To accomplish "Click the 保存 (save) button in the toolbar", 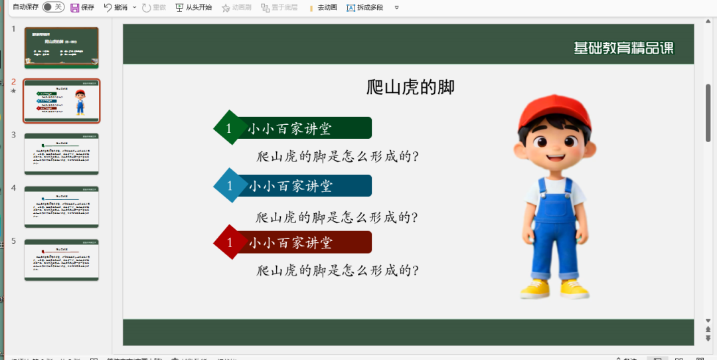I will (82, 7).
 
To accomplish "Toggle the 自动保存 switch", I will (53, 7).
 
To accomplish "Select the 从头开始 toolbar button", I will (194, 7).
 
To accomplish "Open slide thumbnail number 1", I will (61, 47).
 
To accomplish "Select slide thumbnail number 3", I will (61, 153).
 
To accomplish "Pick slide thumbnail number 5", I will (61, 260).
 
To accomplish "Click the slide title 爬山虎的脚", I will (410, 87).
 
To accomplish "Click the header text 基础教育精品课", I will (623, 48).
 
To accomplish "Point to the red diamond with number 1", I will (230, 242).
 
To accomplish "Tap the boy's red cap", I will (554, 110).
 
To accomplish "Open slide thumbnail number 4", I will (61, 207).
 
